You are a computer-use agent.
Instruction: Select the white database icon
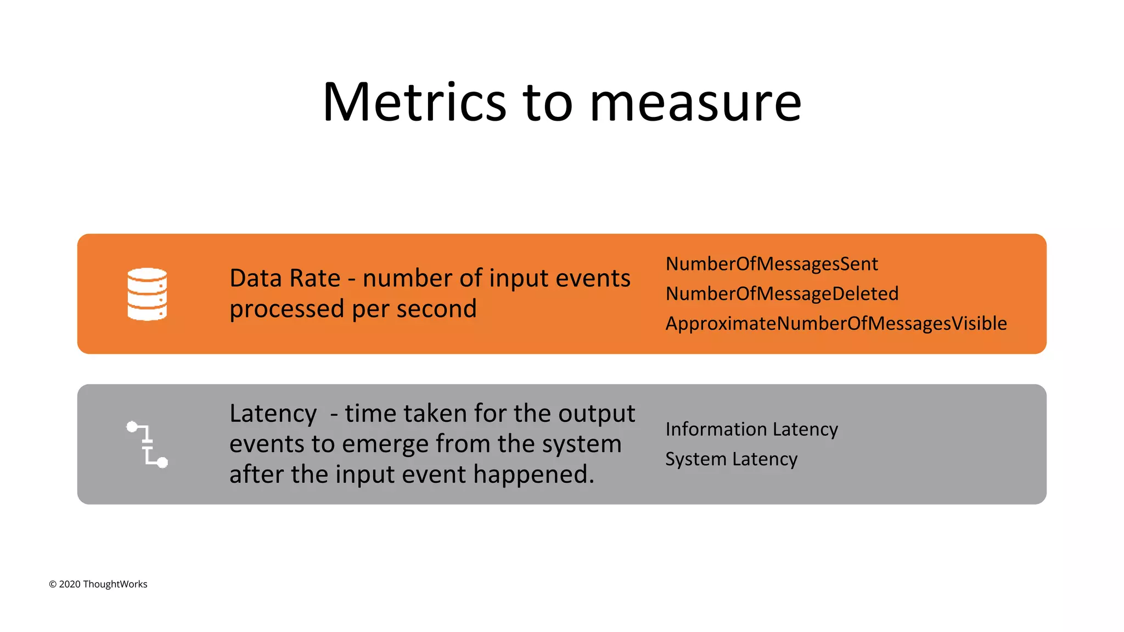point(147,294)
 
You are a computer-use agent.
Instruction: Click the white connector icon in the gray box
point(147,444)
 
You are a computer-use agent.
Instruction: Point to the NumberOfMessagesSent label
point(772,264)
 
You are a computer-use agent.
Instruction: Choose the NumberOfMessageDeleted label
point(782,294)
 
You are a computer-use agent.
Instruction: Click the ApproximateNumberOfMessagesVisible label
point(836,324)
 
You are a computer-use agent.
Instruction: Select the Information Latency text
point(751,429)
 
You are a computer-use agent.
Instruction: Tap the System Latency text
point(731,459)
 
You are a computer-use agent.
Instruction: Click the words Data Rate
point(285,278)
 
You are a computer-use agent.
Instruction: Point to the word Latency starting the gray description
point(273,413)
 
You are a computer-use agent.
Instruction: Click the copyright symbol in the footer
point(53,584)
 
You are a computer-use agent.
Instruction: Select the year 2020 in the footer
point(70,584)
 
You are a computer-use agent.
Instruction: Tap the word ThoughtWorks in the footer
point(115,584)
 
